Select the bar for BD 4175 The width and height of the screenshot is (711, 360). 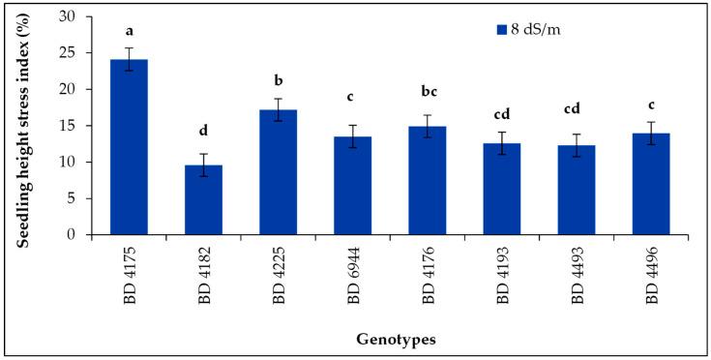point(130,147)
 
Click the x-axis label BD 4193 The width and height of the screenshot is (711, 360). point(503,275)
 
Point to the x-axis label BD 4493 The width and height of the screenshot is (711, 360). point(578,275)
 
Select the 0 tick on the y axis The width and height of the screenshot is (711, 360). point(86,235)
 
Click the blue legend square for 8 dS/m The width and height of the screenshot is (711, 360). point(502,30)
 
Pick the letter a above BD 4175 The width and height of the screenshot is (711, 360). point(130,31)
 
